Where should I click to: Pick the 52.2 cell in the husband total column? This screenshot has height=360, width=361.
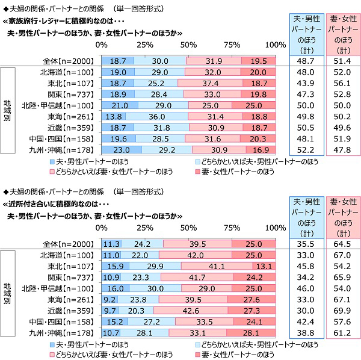click(307, 149)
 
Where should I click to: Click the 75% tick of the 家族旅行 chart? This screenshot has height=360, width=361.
click(232, 45)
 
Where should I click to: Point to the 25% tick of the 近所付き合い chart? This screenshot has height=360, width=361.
click(144, 228)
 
